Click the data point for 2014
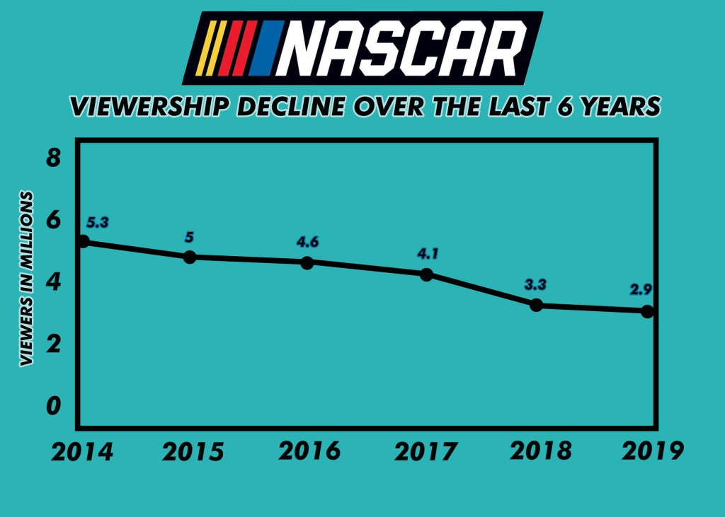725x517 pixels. coord(84,241)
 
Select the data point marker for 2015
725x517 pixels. coord(190,257)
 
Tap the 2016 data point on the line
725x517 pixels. coord(307,262)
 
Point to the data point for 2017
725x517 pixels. coord(426,274)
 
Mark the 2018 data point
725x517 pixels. coord(537,306)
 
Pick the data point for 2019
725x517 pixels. coord(647,311)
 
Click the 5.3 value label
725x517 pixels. coord(98,222)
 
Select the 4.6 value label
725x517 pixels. coord(307,242)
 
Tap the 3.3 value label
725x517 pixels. coord(536,285)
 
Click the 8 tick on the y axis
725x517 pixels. coord(53,157)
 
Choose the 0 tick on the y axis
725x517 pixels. coord(53,406)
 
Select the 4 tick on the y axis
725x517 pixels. coord(53,281)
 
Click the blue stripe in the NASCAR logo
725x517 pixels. coord(268,48)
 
